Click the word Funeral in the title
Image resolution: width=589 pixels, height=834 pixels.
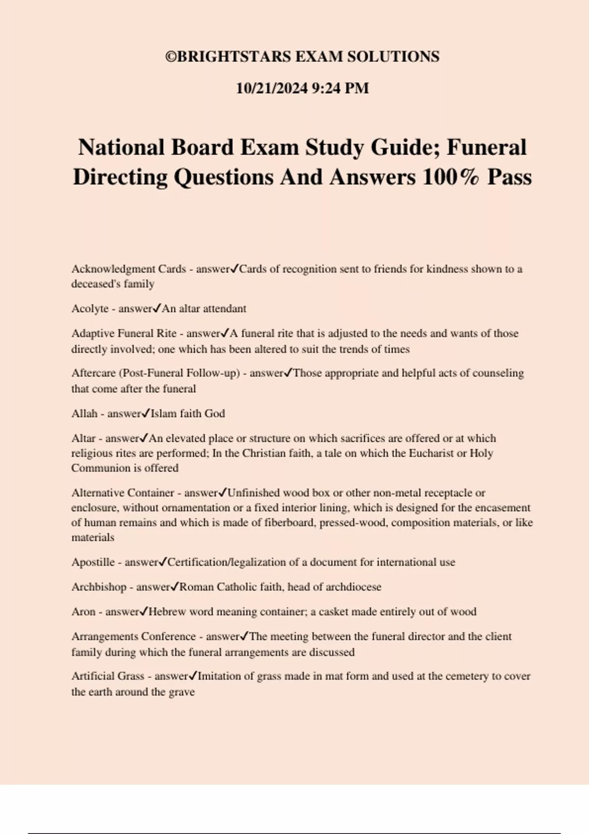coord(486,147)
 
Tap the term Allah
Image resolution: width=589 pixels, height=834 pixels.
coord(84,414)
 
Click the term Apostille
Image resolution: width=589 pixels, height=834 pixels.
coord(93,562)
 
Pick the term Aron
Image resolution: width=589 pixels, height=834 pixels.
coord(83,612)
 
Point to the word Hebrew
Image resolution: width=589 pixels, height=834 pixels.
coord(167,612)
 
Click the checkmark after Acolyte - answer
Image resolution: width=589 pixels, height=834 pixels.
coord(157,308)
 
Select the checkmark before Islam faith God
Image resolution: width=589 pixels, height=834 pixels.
coord(145,413)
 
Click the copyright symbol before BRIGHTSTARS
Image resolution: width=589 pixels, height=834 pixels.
coord(170,57)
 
